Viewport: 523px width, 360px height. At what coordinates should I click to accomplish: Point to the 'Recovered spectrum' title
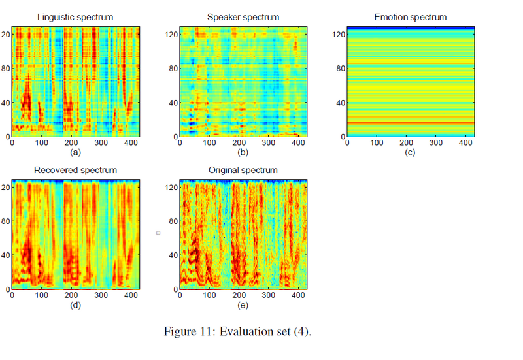tap(76, 171)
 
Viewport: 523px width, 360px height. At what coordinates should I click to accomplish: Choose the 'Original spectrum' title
tap(243, 171)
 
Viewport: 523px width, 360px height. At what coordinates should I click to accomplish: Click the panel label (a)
tap(76, 152)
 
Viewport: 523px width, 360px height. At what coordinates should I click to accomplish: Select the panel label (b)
tap(243, 152)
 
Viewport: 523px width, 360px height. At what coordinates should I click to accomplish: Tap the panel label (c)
tap(411, 152)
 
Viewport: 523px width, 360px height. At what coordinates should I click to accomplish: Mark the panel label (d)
tap(76, 304)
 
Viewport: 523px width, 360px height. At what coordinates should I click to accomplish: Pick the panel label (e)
tap(243, 304)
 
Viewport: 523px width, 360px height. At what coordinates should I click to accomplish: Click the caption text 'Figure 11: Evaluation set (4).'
tap(237, 331)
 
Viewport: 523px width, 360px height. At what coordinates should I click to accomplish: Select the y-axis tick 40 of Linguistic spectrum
tap(7, 103)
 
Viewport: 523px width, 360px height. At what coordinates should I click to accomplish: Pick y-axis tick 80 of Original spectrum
tap(173, 220)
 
